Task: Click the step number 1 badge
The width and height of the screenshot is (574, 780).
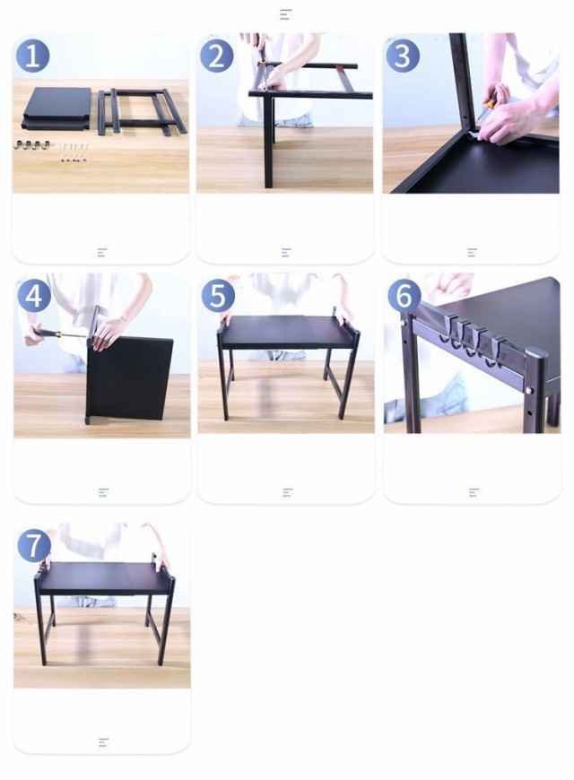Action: coord(32,56)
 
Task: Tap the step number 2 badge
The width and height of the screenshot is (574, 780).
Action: coord(216,56)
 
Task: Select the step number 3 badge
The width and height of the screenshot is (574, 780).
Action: coord(403,56)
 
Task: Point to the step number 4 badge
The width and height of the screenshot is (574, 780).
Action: coord(34,296)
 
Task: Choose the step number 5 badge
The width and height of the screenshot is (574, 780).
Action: coord(218,296)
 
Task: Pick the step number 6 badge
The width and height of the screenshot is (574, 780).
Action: coord(404,296)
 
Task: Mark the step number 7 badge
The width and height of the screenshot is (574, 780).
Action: coord(34,545)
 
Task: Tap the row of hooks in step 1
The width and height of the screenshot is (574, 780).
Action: coord(32,144)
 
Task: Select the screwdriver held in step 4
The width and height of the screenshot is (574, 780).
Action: coord(58,334)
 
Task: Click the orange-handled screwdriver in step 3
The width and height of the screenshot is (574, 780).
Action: coord(485,109)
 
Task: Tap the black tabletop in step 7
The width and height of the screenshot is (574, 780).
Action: coord(104,578)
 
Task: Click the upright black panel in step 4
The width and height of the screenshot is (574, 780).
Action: coord(130,378)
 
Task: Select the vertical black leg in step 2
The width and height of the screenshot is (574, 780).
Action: coord(268,142)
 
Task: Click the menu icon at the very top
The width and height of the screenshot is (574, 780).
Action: coord(285,14)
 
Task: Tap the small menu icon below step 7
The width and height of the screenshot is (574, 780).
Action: coord(103,742)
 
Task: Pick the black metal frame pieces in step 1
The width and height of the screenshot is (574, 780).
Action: coord(142,111)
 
